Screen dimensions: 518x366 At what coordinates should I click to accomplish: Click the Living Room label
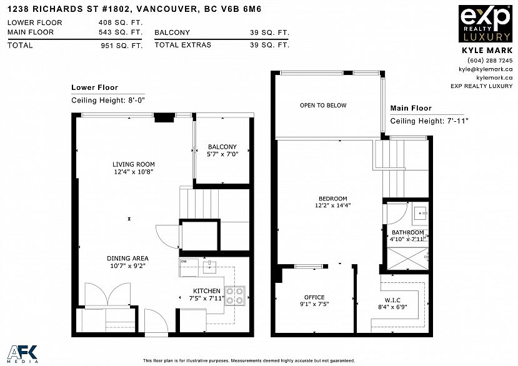134,164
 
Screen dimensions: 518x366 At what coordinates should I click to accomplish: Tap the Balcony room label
222,147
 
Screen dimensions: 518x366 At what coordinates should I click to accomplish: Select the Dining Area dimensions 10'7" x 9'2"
128,265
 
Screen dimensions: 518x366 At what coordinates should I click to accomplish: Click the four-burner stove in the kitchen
235,295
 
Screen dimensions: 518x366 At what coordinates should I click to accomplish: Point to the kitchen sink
209,266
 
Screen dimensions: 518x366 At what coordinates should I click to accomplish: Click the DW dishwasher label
184,261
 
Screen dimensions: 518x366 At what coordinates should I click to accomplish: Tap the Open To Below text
323,106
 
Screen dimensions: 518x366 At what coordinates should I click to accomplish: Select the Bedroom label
332,199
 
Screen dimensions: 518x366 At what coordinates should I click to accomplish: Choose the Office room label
314,297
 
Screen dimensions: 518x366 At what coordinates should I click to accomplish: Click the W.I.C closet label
392,300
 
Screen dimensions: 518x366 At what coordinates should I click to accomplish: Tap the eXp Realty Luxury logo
486,24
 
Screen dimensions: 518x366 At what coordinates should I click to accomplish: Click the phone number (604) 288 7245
490,61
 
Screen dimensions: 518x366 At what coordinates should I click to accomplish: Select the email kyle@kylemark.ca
486,69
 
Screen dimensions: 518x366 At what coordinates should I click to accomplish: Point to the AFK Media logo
22,354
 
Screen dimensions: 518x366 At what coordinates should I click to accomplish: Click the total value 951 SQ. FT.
122,46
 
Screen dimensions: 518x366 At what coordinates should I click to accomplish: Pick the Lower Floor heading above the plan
95,87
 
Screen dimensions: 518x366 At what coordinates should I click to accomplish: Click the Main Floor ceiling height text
429,121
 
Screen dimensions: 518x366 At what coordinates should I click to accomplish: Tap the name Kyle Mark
487,51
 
